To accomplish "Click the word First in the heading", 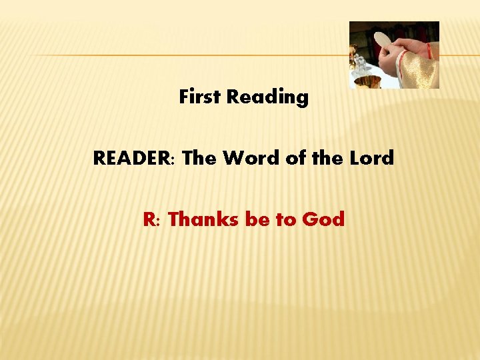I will pos(200,97).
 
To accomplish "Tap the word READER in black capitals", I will pos(132,159).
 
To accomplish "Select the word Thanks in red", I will pos(204,219).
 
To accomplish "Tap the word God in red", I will pos(324,219).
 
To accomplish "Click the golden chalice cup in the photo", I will pos(369,81).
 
